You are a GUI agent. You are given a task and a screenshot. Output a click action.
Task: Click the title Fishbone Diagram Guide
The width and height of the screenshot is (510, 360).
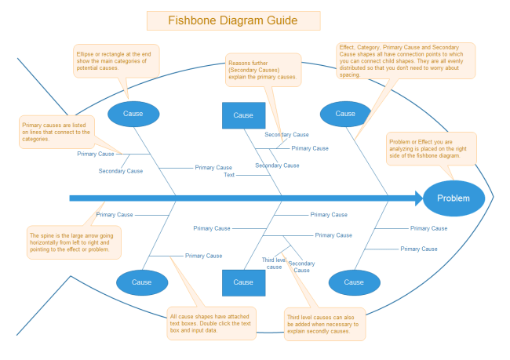222,20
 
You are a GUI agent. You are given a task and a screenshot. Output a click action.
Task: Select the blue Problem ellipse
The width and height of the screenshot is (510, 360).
454,198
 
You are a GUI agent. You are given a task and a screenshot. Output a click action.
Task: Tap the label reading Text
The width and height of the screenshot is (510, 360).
229,175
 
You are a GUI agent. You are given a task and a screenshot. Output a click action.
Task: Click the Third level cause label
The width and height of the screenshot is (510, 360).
274,263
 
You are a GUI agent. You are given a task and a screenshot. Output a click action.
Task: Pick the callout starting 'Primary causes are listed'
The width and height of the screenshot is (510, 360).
56,132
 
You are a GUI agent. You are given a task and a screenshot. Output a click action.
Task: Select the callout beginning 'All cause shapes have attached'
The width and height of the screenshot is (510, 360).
211,323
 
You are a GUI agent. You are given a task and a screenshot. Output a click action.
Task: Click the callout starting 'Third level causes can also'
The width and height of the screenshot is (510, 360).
324,324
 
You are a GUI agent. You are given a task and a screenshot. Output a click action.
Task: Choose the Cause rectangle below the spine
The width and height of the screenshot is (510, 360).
243,282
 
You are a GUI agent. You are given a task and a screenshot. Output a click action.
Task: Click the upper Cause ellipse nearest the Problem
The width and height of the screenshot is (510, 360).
346,114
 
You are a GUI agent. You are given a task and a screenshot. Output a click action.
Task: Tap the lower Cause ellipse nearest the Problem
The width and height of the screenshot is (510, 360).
354,282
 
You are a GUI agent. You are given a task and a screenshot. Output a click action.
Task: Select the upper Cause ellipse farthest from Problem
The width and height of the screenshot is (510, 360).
133,114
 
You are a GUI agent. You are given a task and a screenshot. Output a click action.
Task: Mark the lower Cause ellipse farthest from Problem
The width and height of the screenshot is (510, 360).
141,282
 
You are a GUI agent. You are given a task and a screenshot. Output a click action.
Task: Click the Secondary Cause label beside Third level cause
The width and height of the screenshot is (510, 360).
302,267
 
